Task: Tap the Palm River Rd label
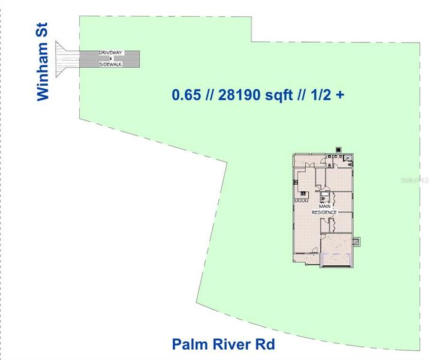(x=223, y=345)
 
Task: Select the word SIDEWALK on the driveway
(x=111, y=64)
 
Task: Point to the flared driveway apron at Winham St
(x=65, y=59)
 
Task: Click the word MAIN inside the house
(x=324, y=206)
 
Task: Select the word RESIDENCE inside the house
(x=324, y=212)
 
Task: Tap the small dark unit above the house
(x=338, y=149)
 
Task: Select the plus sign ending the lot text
(x=340, y=94)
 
